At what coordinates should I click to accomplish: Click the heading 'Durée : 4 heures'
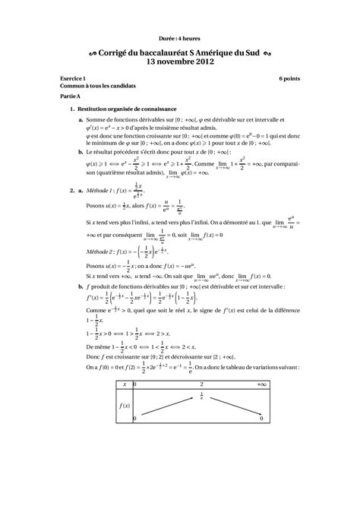click(x=180, y=37)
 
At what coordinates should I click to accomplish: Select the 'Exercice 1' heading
click(x=73, y=79)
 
